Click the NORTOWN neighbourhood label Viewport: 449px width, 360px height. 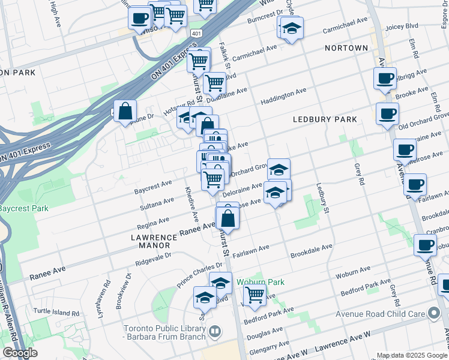click(346, 47)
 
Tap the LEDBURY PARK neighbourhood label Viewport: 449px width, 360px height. click(325, 119)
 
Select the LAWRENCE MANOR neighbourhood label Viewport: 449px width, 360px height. click(154, 241)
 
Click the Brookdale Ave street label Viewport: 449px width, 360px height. click(311, 247)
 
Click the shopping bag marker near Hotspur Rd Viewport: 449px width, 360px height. click(125, 111)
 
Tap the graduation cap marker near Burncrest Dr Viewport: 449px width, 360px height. click(292, 28)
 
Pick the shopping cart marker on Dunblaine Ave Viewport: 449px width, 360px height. click(214, 82)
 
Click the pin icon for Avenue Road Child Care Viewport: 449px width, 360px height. click(434, 313)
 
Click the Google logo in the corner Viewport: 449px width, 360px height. click(20, 353)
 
